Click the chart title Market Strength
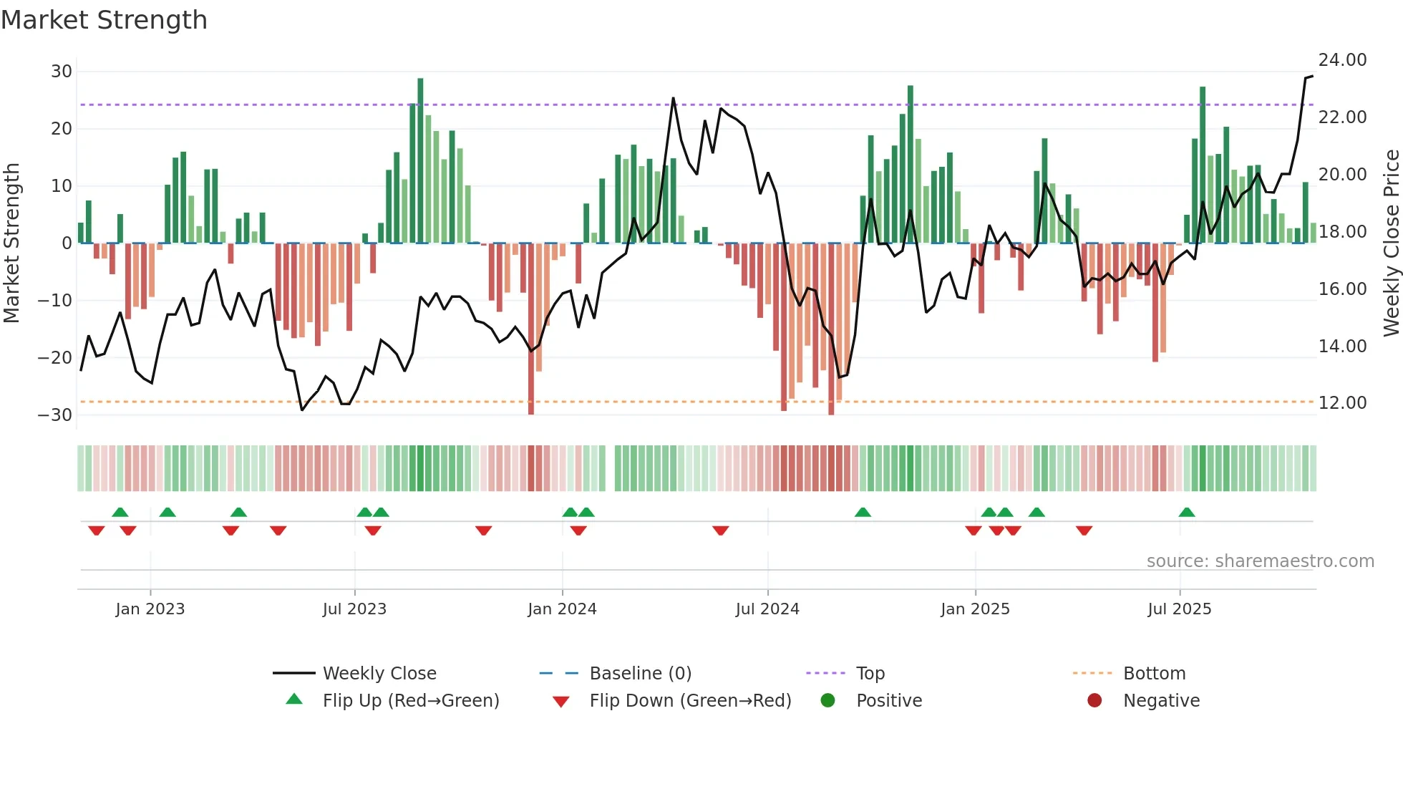pos(104,20)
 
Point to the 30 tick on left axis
pos(62,72)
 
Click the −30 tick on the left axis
pos(55,415)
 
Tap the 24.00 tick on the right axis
pos(1342,60)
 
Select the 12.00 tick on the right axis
pos(1342,403)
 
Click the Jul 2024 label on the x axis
pos(767,609)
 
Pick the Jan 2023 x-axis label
pos(150,609)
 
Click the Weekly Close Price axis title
pos(1391,243)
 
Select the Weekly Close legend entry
pos(379,674)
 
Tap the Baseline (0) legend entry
pos(640,674)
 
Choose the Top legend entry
pos(870,674)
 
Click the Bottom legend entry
pos(1154,674)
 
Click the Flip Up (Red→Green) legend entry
pos(410,701)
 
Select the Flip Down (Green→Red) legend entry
pos(690,701)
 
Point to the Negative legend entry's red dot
pos(1094,700)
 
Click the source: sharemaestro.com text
pos(1260,561)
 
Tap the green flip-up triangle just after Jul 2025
pos(1186,512)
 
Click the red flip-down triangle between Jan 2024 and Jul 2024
pos(720,531)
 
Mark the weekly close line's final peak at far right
pos(1311,76)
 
